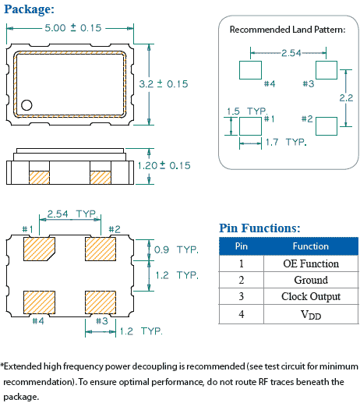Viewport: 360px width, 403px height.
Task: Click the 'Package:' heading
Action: (29, 9)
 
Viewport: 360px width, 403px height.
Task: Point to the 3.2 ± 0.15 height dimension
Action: (164, 83)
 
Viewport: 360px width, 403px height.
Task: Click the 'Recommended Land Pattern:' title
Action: (287, 30)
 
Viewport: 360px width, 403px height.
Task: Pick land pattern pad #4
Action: (249, 67)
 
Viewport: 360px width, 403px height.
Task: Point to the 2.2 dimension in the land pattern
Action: (347, 97)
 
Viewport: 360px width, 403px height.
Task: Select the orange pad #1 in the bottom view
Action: (38, 249)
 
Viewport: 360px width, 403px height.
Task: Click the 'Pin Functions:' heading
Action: (259, 228)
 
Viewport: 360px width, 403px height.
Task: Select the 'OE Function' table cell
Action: (310, 263)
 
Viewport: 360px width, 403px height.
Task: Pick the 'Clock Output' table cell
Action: (310, 297)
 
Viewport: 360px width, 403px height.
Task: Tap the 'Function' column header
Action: (310, 246)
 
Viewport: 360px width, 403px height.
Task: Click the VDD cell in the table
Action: (310, 314)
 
